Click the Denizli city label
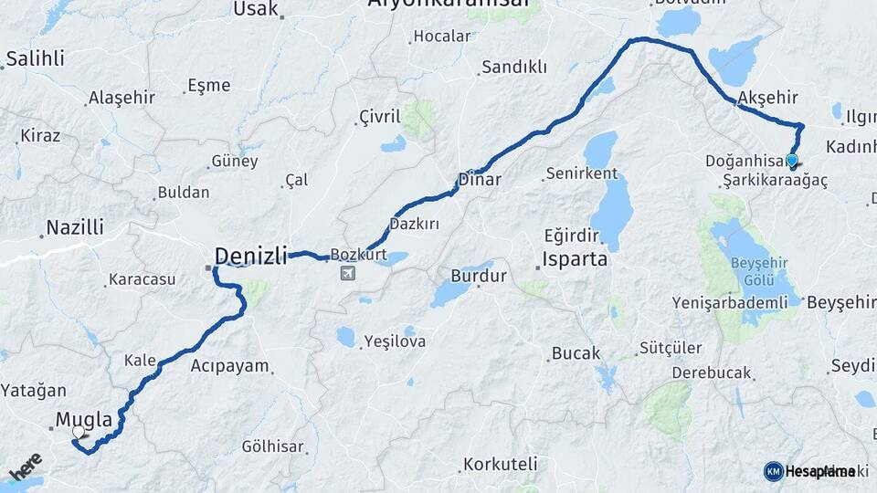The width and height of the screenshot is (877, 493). (251, 254)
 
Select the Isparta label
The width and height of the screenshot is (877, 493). (575, 258)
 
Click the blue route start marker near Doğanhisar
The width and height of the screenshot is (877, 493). (791, 162)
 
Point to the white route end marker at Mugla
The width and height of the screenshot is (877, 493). (79, 432)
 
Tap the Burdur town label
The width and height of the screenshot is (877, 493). (479, 276)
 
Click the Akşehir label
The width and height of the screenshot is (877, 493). (767, 97)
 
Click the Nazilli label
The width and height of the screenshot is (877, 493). (75, 226)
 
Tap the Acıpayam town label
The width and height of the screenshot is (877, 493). (230, 367)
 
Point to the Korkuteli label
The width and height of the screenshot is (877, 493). (500, 464)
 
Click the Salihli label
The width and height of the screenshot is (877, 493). (35, 59)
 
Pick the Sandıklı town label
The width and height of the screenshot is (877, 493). (513, 67)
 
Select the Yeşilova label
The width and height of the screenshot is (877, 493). (395, 341)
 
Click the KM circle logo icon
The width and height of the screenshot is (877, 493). (773, 471)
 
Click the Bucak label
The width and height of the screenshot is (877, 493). (576, 352)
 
